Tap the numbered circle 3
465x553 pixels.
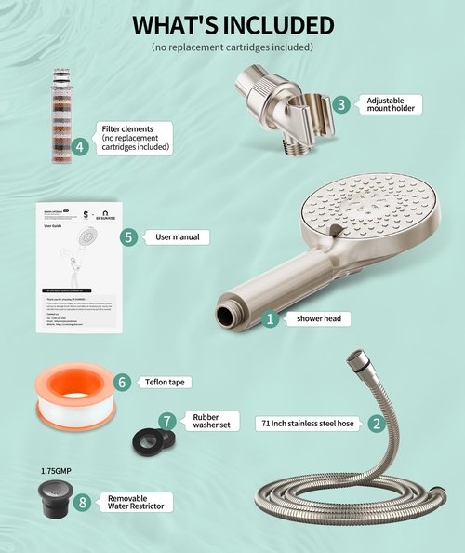coord(341,104)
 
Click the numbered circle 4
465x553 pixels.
coord(80,145)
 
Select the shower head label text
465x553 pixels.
coord(317,318)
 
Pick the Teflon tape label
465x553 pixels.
coord(166,382)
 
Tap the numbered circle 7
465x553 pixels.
coord(167,421)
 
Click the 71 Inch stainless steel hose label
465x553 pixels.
coord(308,423)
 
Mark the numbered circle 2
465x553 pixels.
coord(376,423)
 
